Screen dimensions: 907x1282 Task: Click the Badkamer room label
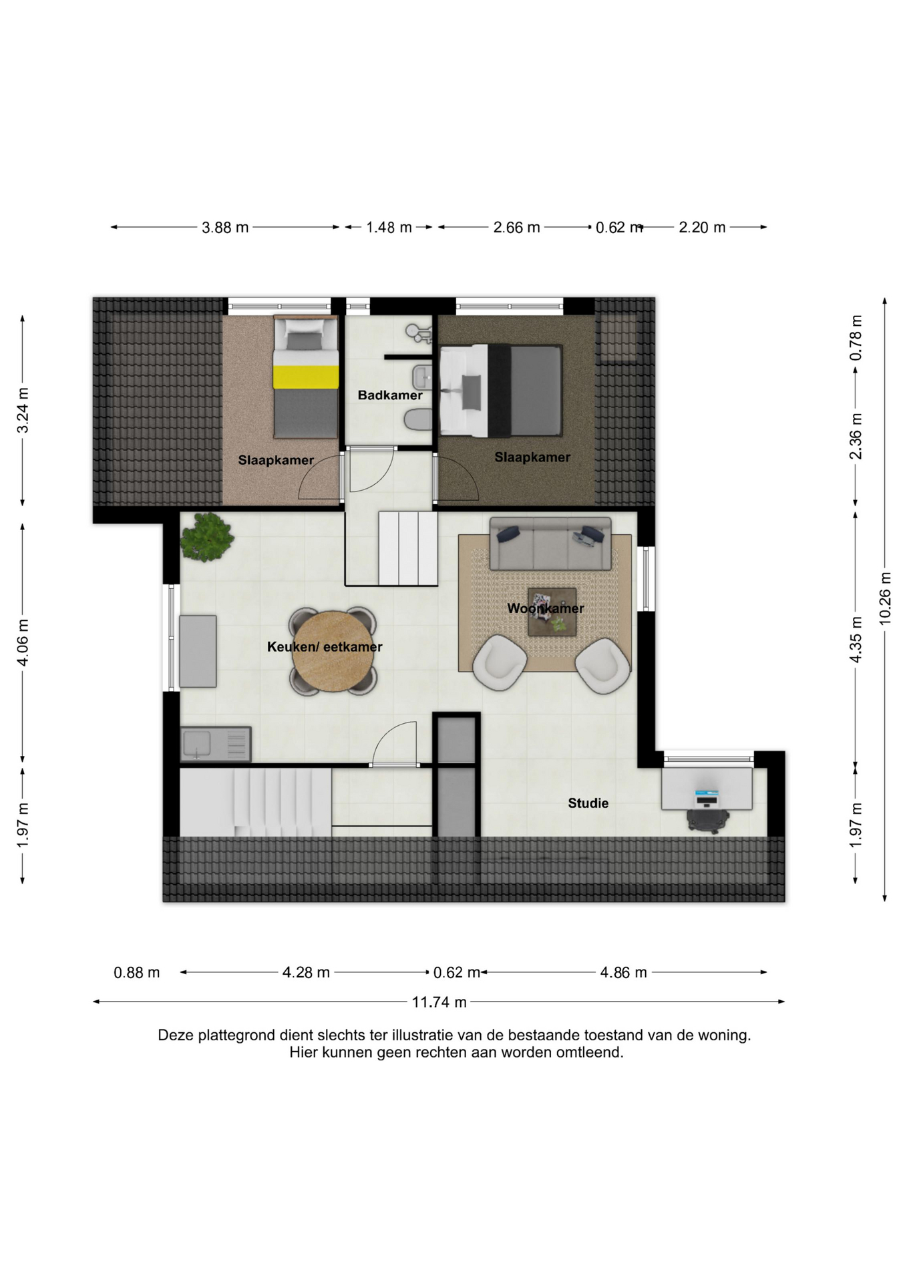[390, 395]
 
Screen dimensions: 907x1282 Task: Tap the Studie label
[588, 803]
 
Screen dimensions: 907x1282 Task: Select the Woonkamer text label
[546, 608]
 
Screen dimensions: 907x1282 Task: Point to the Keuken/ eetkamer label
[325, 647]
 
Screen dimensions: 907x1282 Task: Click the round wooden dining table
[333, 652]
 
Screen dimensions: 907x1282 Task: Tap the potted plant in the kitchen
[207, 538]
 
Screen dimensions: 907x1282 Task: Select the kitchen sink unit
[216, 744]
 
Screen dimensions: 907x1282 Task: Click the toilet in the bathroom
[418, 420]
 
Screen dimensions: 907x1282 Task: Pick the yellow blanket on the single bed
[305, 377]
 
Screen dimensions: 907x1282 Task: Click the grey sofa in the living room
[550, 544]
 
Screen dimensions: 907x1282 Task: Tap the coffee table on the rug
[552, 612]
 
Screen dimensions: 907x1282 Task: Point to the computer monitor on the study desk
[707, 799]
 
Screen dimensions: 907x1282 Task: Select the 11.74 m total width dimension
[439, 1002]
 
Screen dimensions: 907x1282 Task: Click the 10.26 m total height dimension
[885, 599]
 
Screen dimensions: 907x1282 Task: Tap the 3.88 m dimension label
[225, 228]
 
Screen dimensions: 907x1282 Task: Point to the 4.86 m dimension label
[623, 973]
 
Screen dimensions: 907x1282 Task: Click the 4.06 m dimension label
[23, 642]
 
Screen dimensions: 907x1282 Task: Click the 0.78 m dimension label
[856, 338]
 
